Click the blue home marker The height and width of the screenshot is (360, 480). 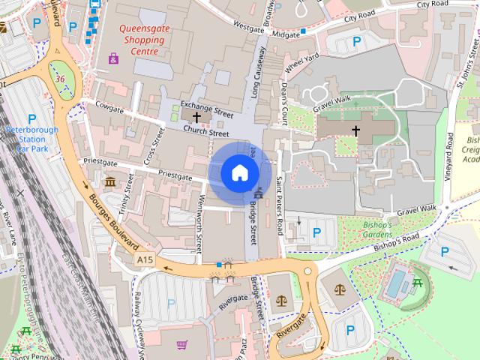tap(238, 173)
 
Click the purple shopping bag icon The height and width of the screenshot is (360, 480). tap(113, 58)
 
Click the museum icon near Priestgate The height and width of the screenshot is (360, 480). tap(110, 182)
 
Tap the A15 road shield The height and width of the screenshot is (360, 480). tap(145, 259)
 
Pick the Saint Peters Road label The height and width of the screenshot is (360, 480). tap(279, 204)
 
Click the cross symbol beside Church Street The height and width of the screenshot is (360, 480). tap(196, 118)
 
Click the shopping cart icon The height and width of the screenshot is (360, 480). tap(182, 345)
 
